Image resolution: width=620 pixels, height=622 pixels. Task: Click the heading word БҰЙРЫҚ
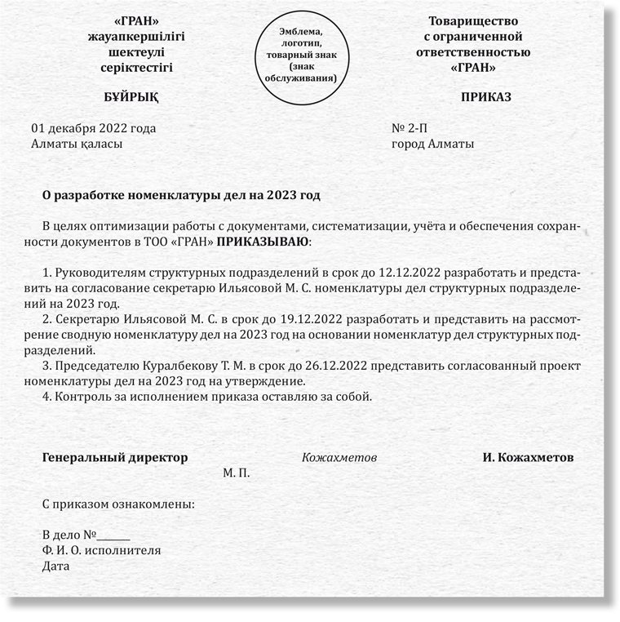click(x=131, y=97)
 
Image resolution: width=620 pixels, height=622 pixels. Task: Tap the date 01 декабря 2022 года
click(x=93, y=128)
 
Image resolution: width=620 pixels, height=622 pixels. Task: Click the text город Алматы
click(x=432, y=144)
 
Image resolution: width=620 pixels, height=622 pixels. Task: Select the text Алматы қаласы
click(x=77, y=144)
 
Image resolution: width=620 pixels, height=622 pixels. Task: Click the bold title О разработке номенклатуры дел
click(x=181, y=196)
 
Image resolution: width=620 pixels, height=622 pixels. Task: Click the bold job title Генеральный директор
click(x=114, y=457)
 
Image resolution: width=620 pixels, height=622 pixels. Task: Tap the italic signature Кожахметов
click(x=339, y=458)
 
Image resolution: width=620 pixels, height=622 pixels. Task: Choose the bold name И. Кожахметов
click(x=527, y=457)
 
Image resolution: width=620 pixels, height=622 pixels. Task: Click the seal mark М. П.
click(x=237, y=473)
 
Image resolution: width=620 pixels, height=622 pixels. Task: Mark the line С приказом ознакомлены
click(x=118, y=504)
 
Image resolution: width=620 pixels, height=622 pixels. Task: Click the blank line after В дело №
click(x=114, y=535)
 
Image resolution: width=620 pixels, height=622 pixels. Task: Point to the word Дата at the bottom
click(x=55, y=566)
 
